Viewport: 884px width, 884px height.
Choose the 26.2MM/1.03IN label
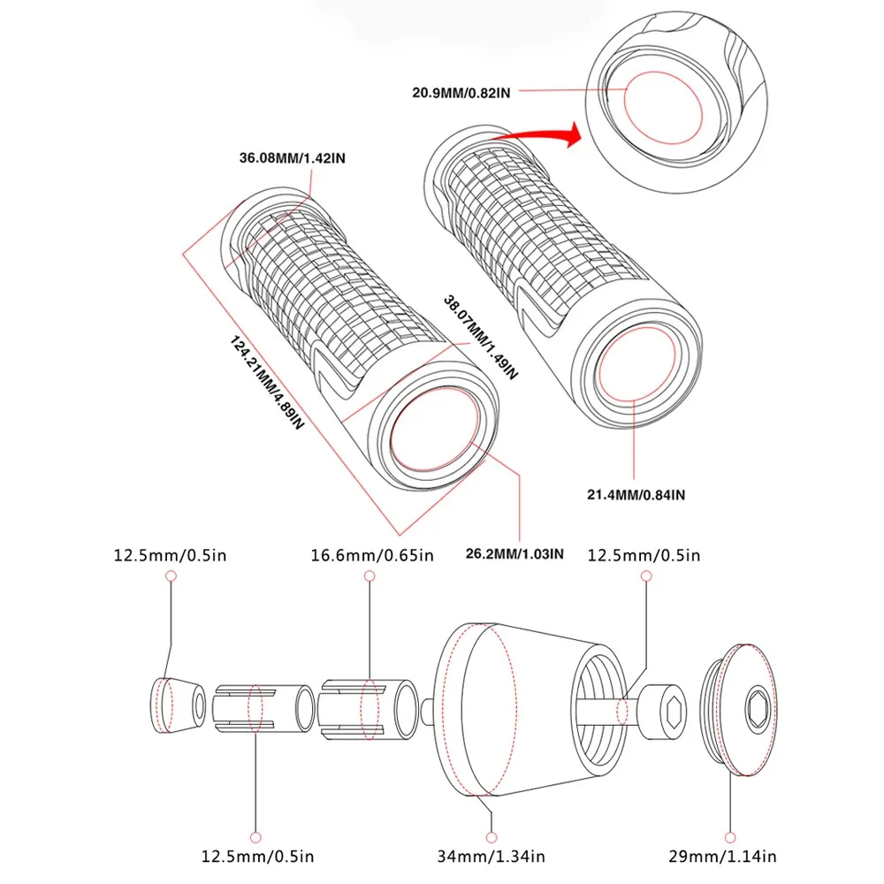(x=514, y=555)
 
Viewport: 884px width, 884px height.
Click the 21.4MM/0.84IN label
(x=635, y=494)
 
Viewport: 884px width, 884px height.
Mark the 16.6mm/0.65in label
(x=372, y=555)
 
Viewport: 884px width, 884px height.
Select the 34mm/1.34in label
(x=492, y=856)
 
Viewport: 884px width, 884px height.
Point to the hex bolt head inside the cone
(x=664, y=706)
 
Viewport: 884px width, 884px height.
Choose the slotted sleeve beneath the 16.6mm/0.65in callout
(x=368, y=705)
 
